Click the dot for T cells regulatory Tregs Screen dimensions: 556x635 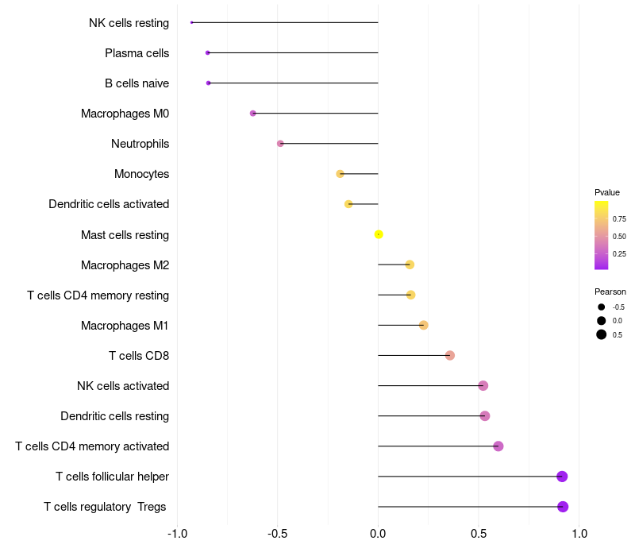click(x=563, y=507)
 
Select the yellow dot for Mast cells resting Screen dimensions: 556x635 click(x=379, y=234)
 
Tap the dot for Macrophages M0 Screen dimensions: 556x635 click(x=253, y=114)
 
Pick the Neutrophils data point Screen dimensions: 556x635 click(x=280, y=144)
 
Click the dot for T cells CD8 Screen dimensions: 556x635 click(x=450, y=355)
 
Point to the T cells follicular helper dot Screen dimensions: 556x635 click(x=562, y=477)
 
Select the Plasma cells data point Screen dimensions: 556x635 click(x=208, y=52)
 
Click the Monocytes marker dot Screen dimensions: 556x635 click(x=341, y=174)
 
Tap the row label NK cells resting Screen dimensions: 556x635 click(x=129, y=23)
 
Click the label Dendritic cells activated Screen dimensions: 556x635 click(x=109, y=204)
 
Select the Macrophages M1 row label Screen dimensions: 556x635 click(x=125, y=326)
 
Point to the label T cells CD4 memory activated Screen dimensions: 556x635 click(x=92, y=446)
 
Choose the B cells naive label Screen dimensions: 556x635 click(x=137, y=83)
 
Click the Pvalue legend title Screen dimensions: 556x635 click(x=607, y=192)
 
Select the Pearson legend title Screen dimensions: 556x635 click(x=610, y=292)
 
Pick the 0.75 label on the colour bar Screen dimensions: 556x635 click(x=619, y=219)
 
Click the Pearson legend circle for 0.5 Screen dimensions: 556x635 click(x=602, y=334)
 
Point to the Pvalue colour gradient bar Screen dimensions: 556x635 click(x=602, y=235)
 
